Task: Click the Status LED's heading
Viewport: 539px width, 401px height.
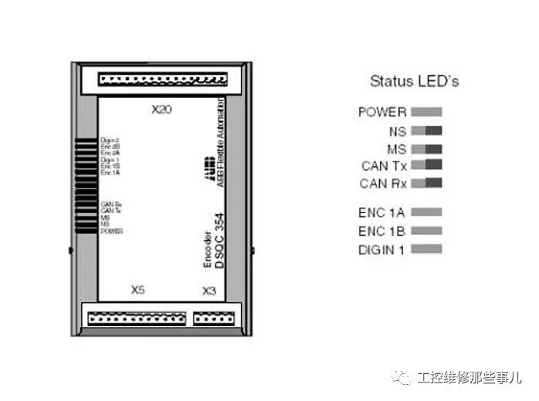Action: click(414, 81)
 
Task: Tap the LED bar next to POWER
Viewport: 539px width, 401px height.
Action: click(426, 112)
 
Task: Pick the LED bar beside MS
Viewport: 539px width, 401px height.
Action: click(426, 148)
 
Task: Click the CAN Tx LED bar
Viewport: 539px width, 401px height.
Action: click(426, 165)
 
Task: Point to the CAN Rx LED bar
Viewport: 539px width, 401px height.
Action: click(426, 183)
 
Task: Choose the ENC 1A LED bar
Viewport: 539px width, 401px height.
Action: click(426, 211)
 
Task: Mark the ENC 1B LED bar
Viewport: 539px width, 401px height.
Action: click(426, 230)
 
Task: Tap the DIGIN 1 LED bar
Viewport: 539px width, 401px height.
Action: click(426, 249)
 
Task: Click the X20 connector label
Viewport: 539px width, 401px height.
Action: click(161, 110)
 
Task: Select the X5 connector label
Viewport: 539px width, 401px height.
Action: click(137, 291)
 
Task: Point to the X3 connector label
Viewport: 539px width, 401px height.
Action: click(208, 291)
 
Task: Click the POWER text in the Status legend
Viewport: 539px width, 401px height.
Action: click(381, 112)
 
